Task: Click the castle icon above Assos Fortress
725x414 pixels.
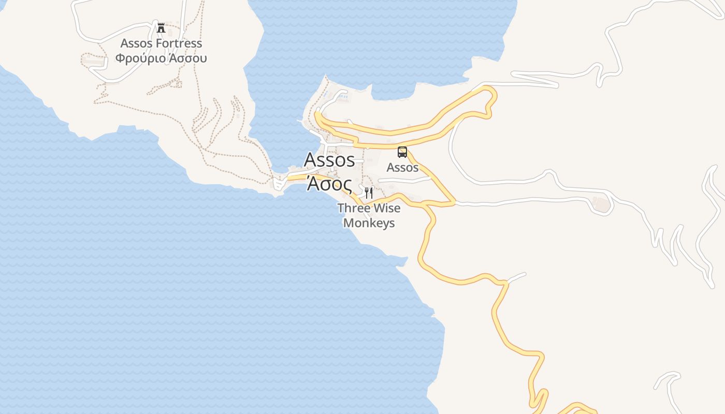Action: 161,27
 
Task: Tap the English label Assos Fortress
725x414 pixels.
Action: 161,43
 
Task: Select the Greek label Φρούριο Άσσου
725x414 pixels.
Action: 161,58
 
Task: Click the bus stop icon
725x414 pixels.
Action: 402,152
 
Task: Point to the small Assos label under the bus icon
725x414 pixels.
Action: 402,167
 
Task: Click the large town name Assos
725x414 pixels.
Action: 329,160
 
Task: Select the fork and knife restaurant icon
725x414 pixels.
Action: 369,193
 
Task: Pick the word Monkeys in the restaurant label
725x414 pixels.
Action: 369,223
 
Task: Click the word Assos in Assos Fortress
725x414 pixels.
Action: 137,43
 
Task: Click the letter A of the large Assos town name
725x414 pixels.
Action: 310,160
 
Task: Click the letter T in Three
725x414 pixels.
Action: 341,208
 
